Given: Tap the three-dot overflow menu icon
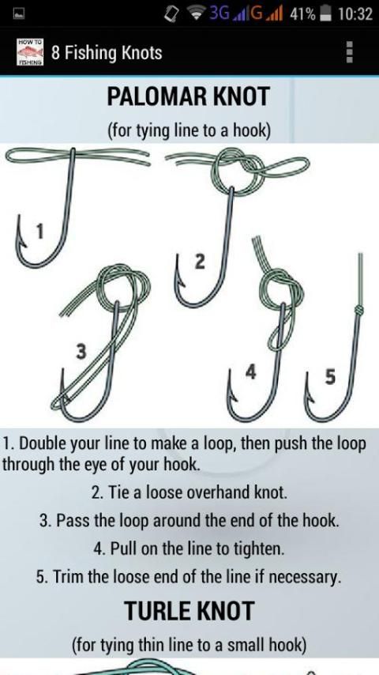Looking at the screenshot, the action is [x=350, y=52].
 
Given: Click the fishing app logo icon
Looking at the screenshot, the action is [x=30, y=52].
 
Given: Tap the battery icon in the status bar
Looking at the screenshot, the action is [x=325, y=13].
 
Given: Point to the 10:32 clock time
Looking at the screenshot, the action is [x=355, y=13].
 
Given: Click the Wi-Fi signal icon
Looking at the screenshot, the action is [x=197, y=13].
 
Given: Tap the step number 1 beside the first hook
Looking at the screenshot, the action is [x=39, y=232].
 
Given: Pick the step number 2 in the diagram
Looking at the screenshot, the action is [x=200, y=262].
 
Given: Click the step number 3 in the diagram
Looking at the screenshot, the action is [x=81, y=353].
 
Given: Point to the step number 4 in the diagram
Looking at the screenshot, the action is [x=251, y=372].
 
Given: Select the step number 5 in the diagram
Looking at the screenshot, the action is [x=329, y=377].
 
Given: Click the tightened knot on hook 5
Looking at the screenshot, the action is [x=358, y=309].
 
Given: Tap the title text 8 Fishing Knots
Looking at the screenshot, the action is [x=107, y=53].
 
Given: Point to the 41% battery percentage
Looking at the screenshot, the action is [x=303, y=14].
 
